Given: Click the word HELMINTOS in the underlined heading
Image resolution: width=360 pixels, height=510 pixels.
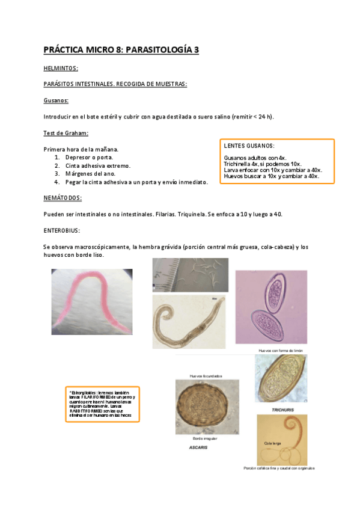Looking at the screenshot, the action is point(61,68).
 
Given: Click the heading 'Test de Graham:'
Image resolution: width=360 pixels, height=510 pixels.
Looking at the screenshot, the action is point(66,133).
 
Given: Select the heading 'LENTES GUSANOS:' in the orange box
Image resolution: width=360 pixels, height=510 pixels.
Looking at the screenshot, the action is point(249,146).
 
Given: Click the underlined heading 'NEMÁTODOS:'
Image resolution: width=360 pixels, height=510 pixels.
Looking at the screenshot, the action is point(63,198).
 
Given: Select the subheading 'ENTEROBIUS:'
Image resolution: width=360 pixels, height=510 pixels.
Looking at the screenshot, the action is point(62,230).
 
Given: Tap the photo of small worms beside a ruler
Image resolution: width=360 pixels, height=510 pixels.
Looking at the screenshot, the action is point(190,275).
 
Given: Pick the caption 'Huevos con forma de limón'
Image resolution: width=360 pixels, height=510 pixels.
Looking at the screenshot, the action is point(280,350).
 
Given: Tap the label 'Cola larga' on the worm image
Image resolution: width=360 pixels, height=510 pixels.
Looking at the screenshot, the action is point(272,443).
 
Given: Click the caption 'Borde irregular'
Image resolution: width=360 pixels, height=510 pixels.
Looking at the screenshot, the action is point(201,438).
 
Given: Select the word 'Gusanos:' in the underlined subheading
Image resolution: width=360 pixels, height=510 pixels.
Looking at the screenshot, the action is point(56,100).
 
